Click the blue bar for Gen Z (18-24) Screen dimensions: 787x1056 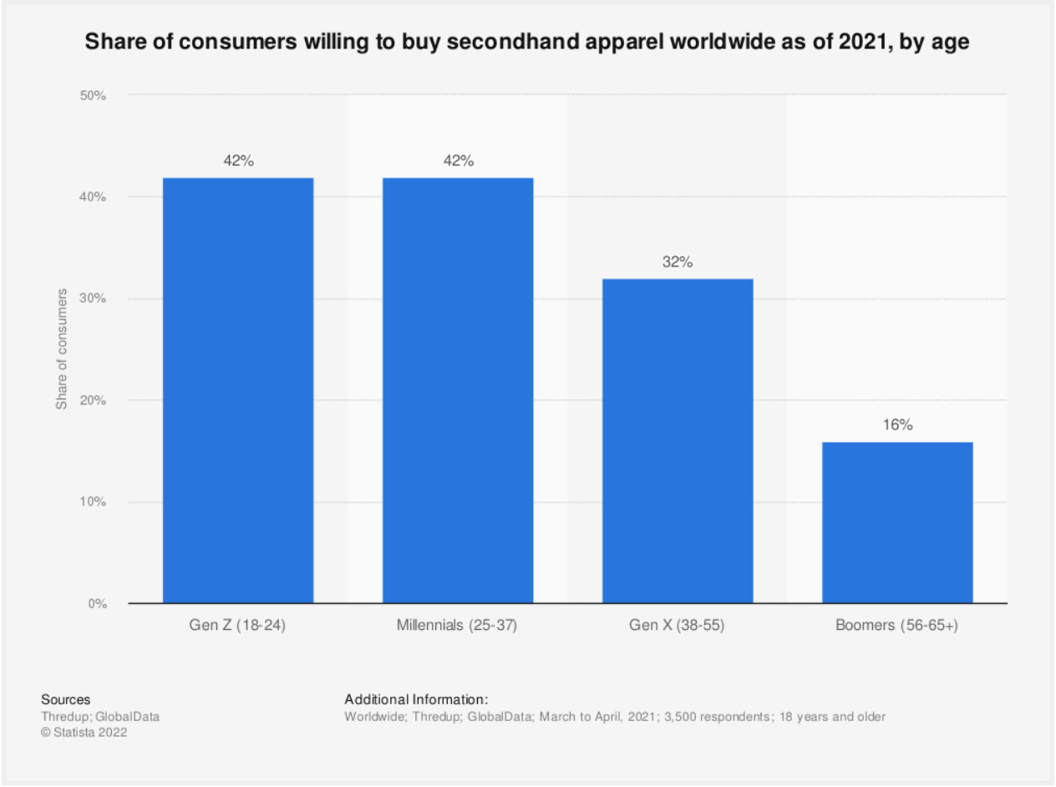238,390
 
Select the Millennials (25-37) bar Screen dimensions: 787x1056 458,390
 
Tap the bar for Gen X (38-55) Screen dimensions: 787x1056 678,440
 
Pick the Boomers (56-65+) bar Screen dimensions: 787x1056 897,522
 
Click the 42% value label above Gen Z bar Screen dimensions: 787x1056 238,161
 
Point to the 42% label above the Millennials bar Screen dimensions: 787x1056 458,161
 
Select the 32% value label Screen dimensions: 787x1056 678,262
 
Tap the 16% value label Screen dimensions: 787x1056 897,425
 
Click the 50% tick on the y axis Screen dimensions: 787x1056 93,95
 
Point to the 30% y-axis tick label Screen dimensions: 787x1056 93,299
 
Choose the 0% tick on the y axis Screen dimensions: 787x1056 96,603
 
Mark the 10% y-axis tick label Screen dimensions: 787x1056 93,502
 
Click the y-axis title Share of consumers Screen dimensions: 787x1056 61,349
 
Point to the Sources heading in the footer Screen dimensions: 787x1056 65,699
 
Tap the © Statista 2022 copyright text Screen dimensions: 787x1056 84,733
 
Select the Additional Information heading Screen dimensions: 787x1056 415,699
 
